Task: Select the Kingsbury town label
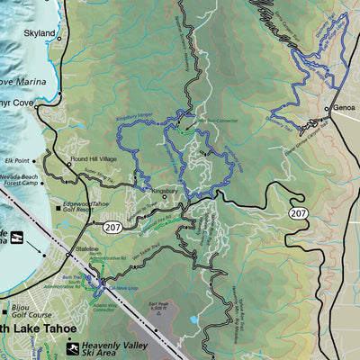point(165,191)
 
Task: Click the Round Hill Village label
point(94,159)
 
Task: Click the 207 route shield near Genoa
point(297,212)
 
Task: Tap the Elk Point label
point(17,161)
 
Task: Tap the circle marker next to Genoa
point(327,108)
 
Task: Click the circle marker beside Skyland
point(62,35)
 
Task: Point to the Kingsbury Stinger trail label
point(133,117)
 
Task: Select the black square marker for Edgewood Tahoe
point(56,204)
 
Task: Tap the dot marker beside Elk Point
point(34,161)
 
